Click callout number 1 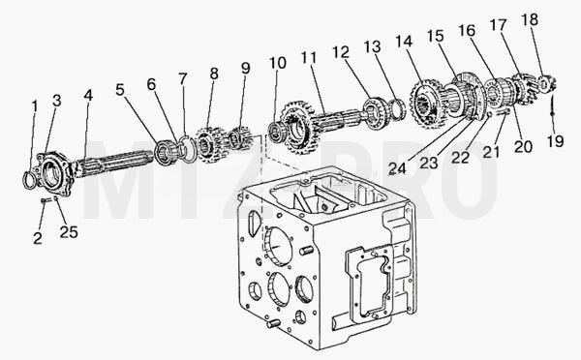pos(35,106)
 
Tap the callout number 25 pos(69,232)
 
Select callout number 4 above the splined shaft pos(88,95)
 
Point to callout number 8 pos(214,74)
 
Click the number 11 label pos(309,58)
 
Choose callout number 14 pos(404,41)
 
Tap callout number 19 pos(556,141)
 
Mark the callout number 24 pos(397,169)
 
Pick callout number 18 pos(530,19)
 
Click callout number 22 pos(461,158)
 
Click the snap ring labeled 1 pos(29,180)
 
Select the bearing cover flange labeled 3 pos(52,173)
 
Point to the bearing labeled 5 pos(163,153)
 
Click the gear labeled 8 pos(207,143)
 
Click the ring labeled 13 pos(399,109)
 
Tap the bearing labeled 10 pos(276,132)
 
